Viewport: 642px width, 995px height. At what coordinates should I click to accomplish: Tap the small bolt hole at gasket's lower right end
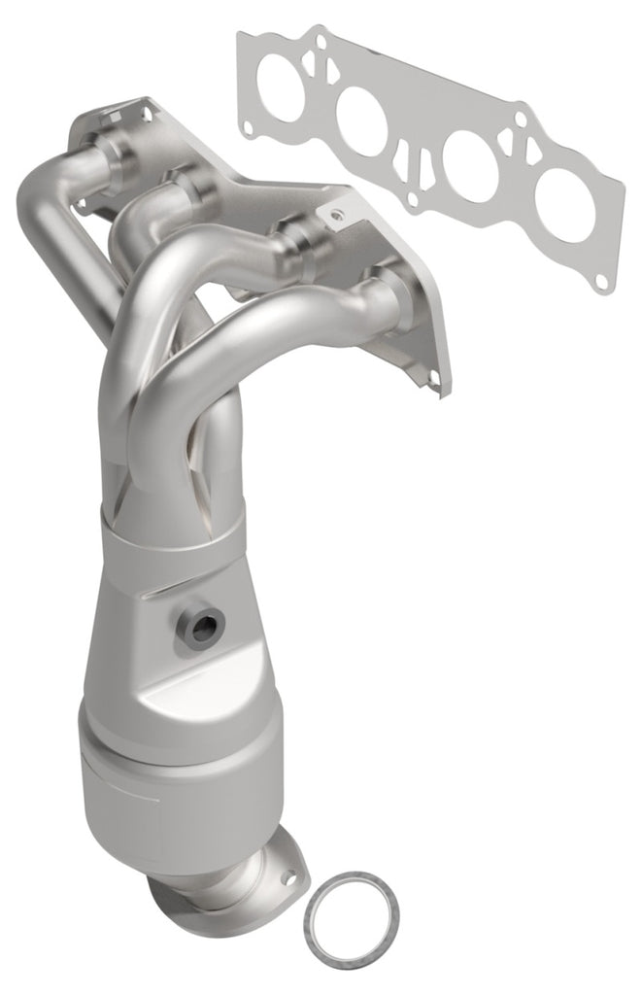click(603, 282)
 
